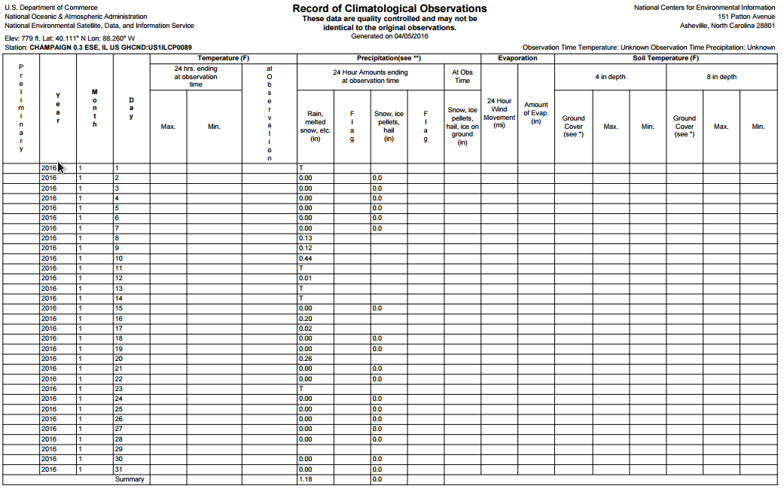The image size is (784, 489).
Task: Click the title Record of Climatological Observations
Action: pos(389,8)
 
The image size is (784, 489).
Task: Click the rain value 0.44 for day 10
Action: pos(305,258)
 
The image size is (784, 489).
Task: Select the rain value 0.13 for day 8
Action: pos(305,238)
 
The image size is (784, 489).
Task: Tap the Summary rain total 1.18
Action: pos(305,479)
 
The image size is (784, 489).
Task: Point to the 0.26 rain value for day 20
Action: pos(305,359)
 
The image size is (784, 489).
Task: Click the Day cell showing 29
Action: pos(117,449)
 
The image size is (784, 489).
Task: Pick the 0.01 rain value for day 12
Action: pos(305,278)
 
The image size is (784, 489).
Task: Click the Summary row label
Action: pos(130,479)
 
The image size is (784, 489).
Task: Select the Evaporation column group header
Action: pos(517,58)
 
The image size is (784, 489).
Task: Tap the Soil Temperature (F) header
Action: pos(665,58)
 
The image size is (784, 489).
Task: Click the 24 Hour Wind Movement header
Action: pos(499,113)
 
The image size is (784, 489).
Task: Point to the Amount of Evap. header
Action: pos(536,113)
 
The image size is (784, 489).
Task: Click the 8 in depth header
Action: pos(721,77)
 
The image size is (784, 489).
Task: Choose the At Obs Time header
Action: pos(462,77)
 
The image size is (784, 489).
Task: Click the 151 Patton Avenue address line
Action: pos(746,17)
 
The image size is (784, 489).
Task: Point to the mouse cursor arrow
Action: pos(62,167)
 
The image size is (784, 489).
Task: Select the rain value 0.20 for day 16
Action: pos(305,319)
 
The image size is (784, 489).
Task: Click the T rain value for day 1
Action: pos(301,167)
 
